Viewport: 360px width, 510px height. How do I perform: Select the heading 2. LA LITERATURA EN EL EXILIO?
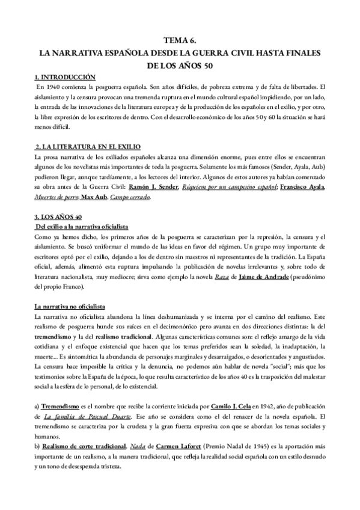[84, 147]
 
